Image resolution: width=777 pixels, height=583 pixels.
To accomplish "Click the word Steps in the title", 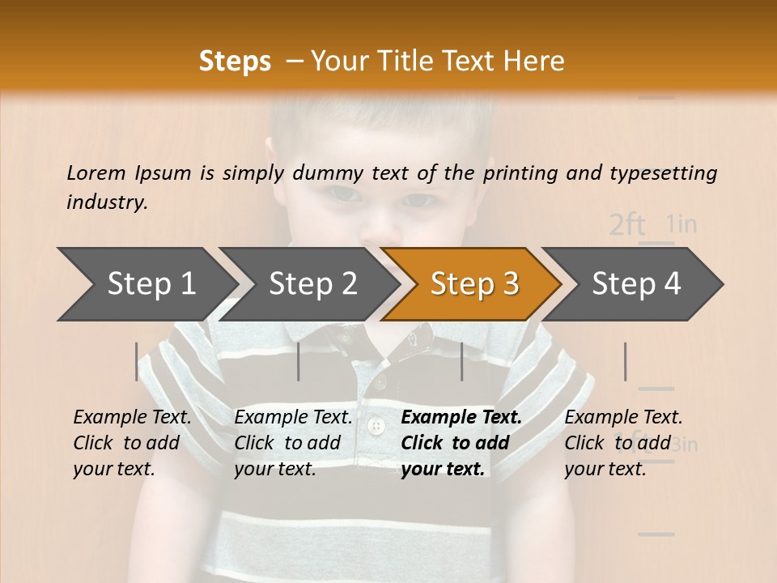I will point(235,61).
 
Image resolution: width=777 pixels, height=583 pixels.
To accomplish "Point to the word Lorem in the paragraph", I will point(96,172).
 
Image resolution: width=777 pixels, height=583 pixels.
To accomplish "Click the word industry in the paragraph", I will point(106,202).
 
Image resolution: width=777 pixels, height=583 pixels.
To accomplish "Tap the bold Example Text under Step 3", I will point(461,418).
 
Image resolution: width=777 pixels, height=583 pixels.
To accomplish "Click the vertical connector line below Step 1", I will point(137,361).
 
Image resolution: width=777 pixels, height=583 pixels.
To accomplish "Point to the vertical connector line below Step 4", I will point(625,361).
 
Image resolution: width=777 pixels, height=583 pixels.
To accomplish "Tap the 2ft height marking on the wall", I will point(626,224).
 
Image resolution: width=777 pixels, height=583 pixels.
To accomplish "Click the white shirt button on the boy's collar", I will point(375,425).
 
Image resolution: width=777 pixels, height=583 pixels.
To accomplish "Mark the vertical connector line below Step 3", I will point(461,361).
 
